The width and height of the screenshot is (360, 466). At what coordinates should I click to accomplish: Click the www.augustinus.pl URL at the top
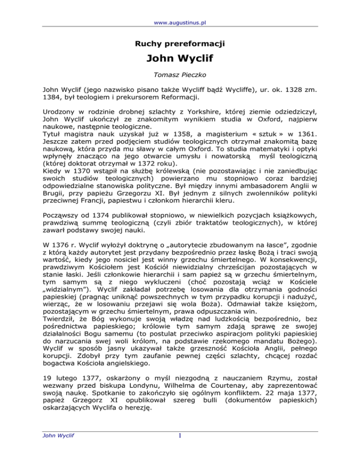(180, 9)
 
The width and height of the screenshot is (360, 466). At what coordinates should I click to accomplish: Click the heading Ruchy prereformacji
(180, 45)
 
